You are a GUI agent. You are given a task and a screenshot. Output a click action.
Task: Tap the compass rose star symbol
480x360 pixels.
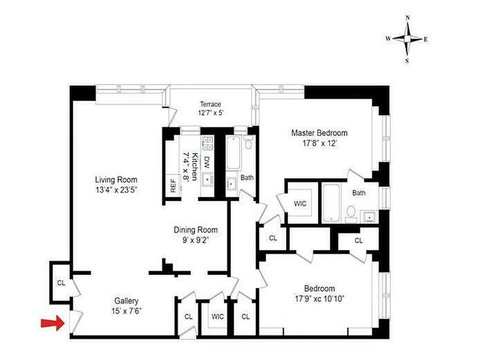[408, 39]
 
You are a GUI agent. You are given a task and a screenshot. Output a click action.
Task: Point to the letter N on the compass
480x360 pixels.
[408, 18]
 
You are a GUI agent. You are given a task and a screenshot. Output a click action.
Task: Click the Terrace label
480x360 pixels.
[211, 104]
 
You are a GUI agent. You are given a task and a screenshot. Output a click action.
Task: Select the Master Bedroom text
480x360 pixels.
[319, 133]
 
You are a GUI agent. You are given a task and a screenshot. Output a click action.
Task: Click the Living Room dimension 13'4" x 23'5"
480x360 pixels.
[116, 189]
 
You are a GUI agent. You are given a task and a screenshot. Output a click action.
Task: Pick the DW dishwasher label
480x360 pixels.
[207, 161]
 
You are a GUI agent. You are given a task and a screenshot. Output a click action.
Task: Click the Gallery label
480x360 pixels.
[126, 301]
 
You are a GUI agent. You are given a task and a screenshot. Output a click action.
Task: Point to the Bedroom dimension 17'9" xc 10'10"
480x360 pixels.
[319, 298]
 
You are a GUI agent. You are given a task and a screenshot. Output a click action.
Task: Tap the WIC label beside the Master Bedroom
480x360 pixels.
[300, 204]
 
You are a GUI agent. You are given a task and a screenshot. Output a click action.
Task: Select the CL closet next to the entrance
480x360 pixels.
[60, 283]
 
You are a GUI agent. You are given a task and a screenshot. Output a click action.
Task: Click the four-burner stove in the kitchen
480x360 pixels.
[208, 143]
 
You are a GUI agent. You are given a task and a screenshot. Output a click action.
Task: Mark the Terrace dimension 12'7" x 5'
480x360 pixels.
[211, 113]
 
